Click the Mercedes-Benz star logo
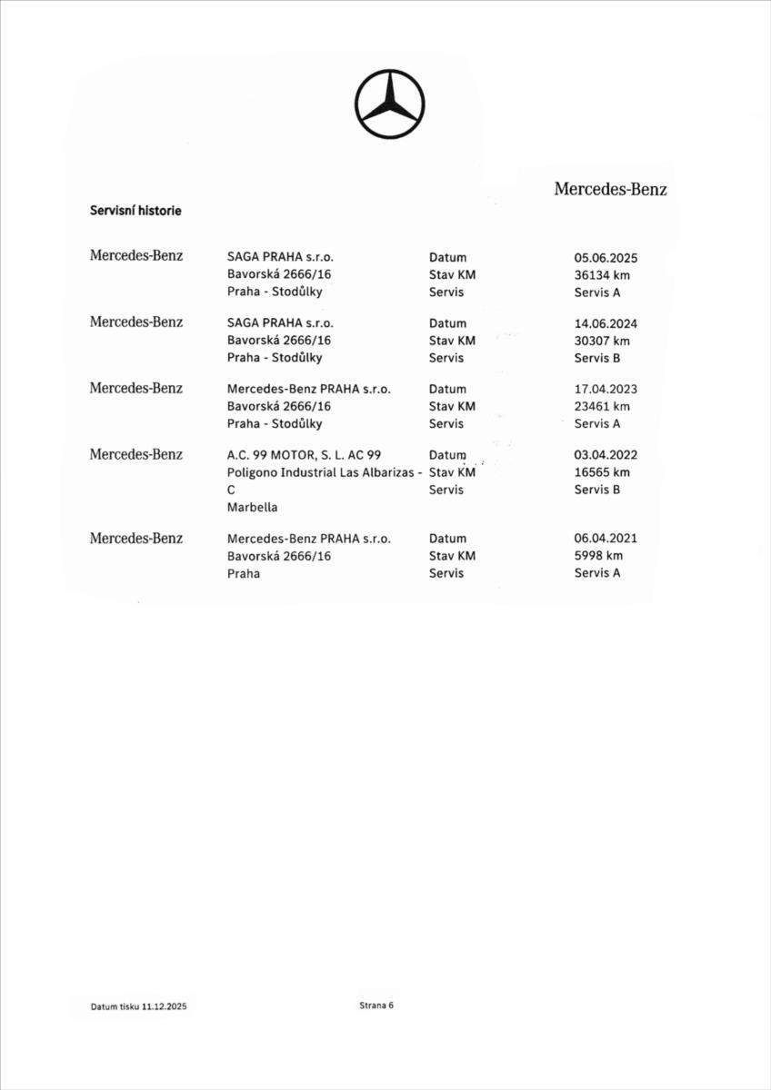tap(389, 104)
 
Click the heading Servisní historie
tap(135, 211)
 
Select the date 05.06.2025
tap(606, 258)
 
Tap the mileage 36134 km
tap(602, 275)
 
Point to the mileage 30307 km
tap(602, 341)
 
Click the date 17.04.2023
tap(606, 389)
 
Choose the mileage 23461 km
tap(602, 406)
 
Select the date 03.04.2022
tap(606, 455)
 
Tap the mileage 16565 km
tap(602, 472)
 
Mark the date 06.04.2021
tap(606, 539)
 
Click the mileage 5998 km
tap(598, 556)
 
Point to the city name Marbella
tap(253, 508)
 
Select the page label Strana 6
tap(376, 1006)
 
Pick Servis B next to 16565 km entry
tap(597, 490)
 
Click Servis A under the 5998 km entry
tap(597, 573)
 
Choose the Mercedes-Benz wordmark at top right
tap(610, 189)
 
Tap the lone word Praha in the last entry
tap(244, 574)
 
